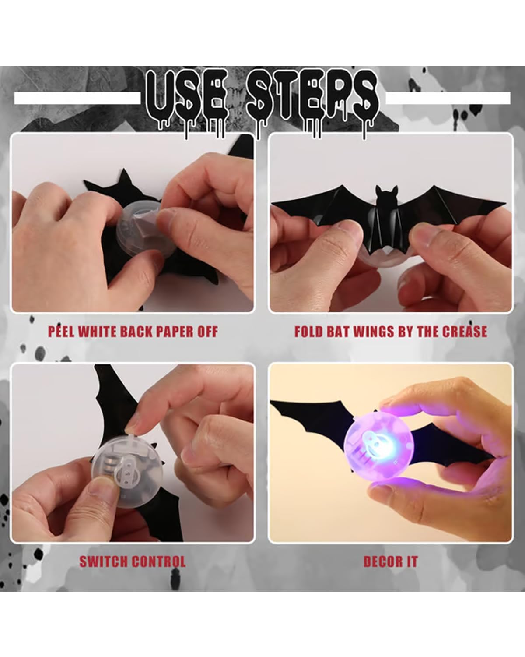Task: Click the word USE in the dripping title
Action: pyautogui.click(x=187, y=98)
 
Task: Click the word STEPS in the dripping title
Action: pyautogui.click(x=312, y=98)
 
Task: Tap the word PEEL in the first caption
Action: pyautogui.click(x=61, y=332)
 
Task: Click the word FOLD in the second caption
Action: pyautogui.click(x=308, y=332)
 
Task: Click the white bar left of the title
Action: pyautogui.click(x=77, y=98)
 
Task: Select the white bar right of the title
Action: pyautogui.click(x=448, y=98)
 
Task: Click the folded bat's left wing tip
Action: pyautogui.click(x=272, y=203)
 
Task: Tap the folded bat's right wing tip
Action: pyautogui.click(x=505, y=202)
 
